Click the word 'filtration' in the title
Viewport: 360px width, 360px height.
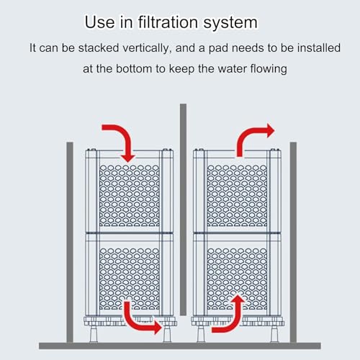coord(168,22)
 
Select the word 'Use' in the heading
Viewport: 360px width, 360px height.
coord(100,22)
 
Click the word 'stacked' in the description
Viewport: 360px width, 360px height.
coord(99,48)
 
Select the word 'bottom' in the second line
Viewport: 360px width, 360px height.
coord(134,68)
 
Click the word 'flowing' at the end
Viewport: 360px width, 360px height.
coord(269,69)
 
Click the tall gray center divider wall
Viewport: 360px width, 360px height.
coord(183,210)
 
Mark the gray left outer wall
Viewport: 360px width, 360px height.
coord(70,242)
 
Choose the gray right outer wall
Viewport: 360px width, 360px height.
coord(293,242)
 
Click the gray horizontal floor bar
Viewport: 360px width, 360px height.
coord(180,346)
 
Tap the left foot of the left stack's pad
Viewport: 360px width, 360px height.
coord(94,334)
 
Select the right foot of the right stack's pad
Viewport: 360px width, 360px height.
coord(274,334)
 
